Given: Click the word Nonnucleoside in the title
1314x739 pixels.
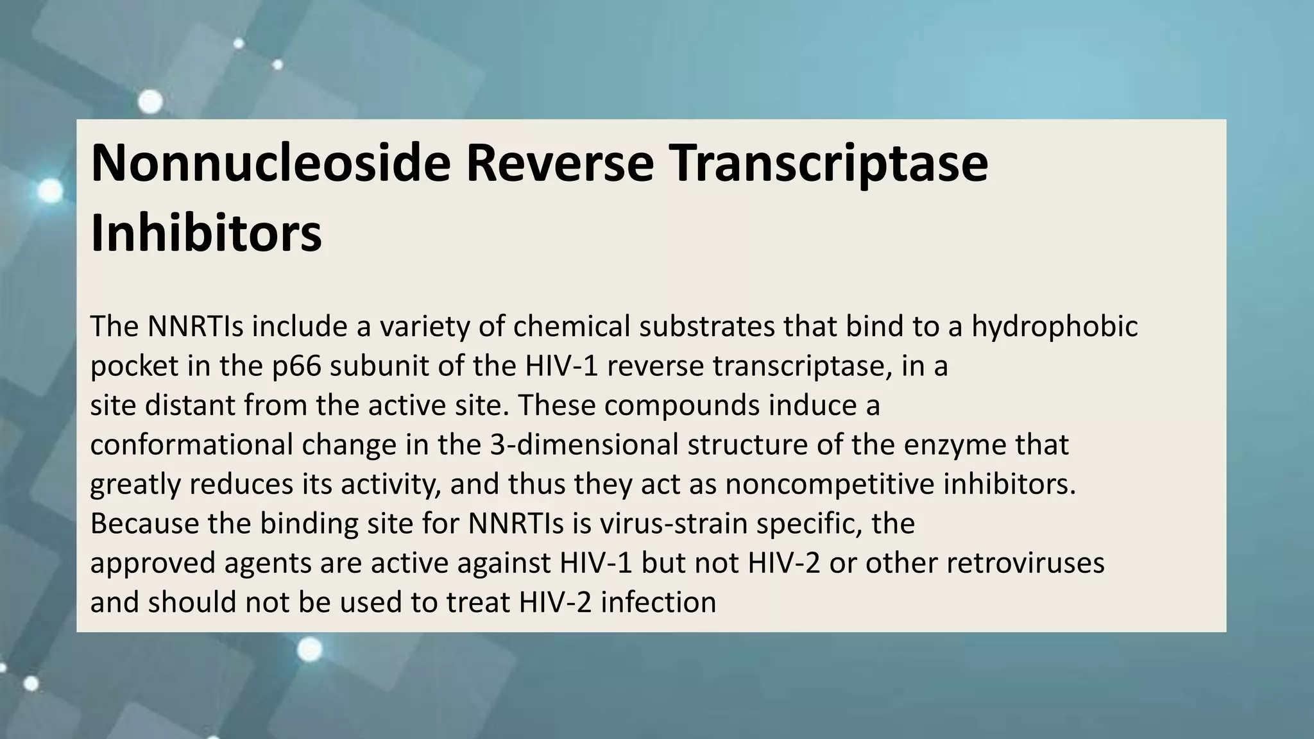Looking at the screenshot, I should click(x=270, y=164).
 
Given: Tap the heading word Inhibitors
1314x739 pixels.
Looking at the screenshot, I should click(x=206, y=234).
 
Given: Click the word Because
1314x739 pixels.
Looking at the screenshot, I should click(x=145, y=523).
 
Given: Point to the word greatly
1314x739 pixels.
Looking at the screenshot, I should click(x=135, y=484).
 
